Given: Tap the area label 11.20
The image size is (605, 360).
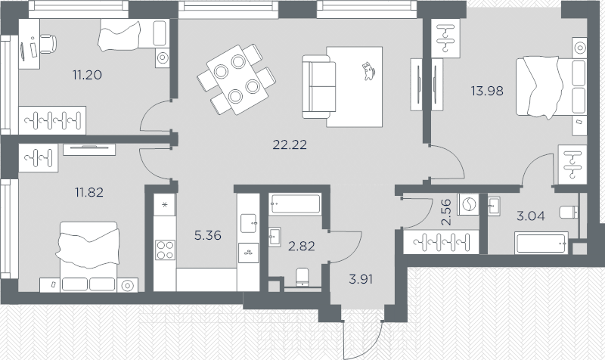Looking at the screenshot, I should coord(87,75).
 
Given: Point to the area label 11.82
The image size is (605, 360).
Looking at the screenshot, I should coord(88,191).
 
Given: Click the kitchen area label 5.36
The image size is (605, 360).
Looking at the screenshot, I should coord(206,234).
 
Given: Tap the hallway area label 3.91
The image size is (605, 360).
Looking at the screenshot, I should coord(360,278).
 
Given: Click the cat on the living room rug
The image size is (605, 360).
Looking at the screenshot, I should coord(368,70).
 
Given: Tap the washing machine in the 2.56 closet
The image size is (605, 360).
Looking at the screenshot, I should coord(468,206).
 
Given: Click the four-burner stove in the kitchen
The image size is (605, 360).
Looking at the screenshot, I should coord(165,250).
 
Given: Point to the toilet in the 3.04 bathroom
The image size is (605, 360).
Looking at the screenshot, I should coord(568,213).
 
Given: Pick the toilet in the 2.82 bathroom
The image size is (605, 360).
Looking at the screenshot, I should coord(302,278).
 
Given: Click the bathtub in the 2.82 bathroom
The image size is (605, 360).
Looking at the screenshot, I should coord(295,204).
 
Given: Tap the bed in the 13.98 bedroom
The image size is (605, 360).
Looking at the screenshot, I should coord(551,87).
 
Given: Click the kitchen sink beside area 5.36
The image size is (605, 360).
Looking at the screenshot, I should coord(248,222).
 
